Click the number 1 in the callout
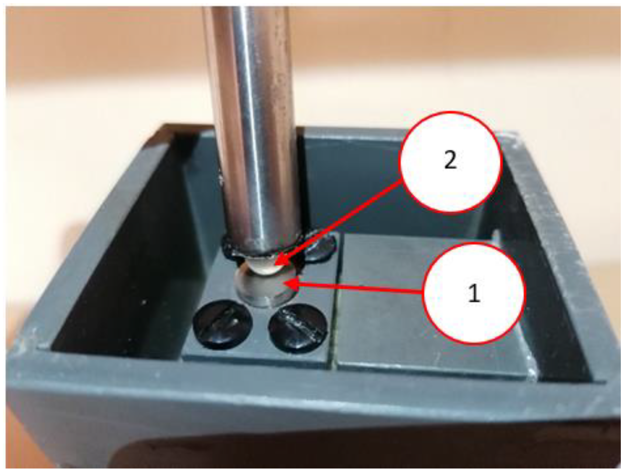[x=474, y=293]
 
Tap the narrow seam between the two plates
[x=334, y=302]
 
